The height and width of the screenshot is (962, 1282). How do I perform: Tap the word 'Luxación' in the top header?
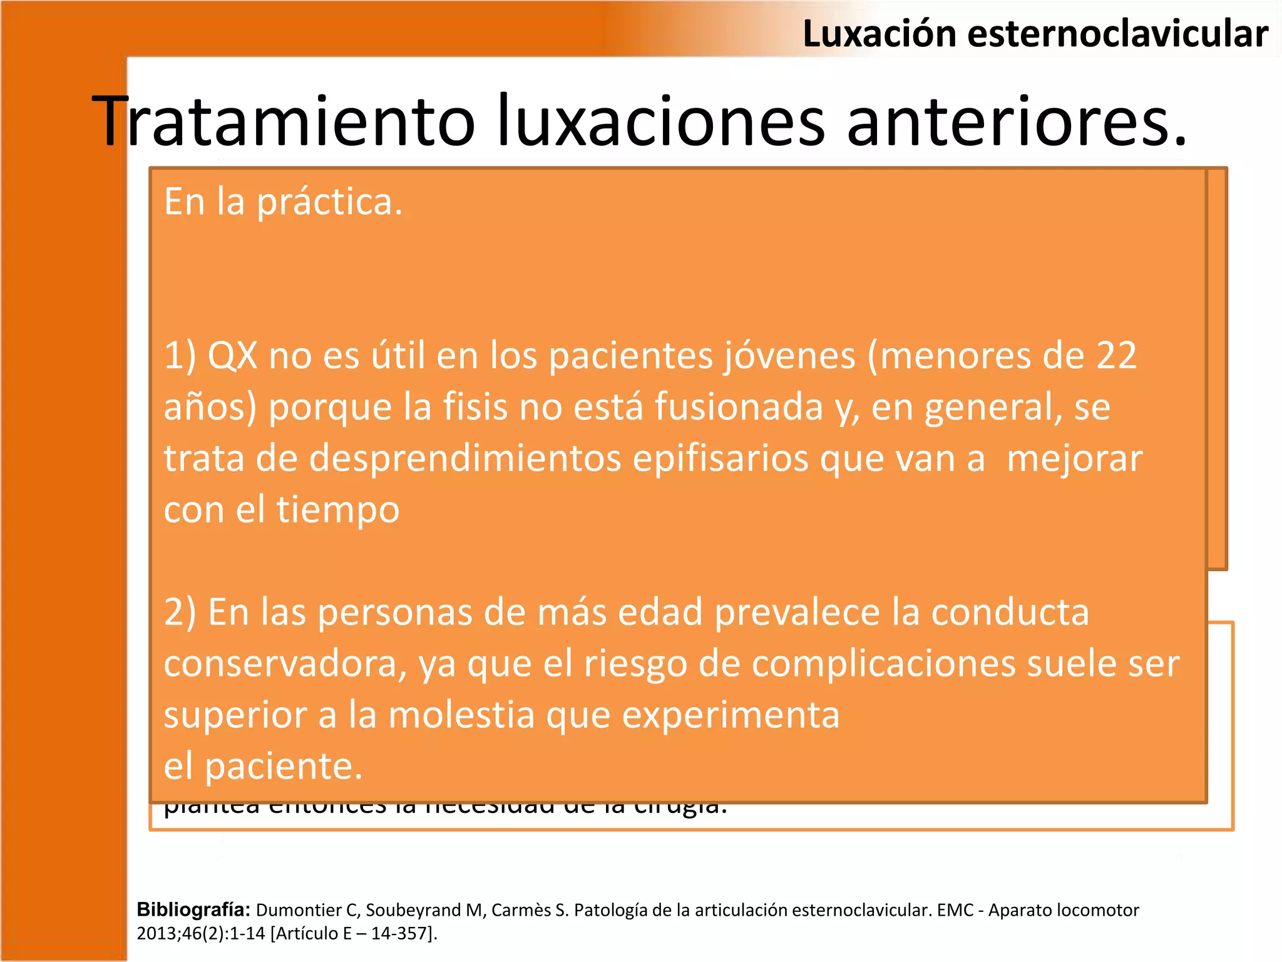(x=879, y=34)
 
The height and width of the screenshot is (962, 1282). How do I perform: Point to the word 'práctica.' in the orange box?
(x=330, y=203)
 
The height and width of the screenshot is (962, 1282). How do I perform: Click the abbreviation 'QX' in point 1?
(x=232, y=356)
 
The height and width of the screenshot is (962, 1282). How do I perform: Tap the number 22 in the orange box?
(x=1116, y=356)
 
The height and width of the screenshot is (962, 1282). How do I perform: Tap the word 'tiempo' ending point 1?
(x=338, y=510)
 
